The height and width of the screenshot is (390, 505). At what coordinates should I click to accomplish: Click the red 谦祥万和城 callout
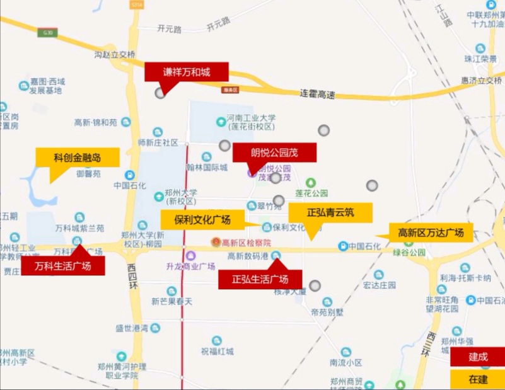click(x=186, y=72)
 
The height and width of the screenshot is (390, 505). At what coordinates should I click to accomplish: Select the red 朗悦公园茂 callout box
click(x=274, y=152)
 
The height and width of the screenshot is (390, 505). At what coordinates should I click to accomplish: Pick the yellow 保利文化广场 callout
click(x=203, y=220)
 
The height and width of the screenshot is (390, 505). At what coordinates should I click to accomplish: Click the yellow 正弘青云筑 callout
click(x=330, y=213)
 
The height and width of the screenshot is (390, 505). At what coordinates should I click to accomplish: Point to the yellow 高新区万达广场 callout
click(x=430, y=232)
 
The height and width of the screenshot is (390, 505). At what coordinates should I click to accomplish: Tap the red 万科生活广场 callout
click(x=62, y=266)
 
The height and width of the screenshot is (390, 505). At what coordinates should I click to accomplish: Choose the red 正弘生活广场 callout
click(x=260, y=279)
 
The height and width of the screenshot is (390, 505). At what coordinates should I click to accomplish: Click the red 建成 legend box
click(x=477, y=357)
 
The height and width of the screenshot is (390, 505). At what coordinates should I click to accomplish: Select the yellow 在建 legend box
click(x=477, y=379)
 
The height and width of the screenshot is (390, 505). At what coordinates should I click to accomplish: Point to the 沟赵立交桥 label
click(x=115, y=55)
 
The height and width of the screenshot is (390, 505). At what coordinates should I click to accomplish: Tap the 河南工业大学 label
click(x=252, y=118)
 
